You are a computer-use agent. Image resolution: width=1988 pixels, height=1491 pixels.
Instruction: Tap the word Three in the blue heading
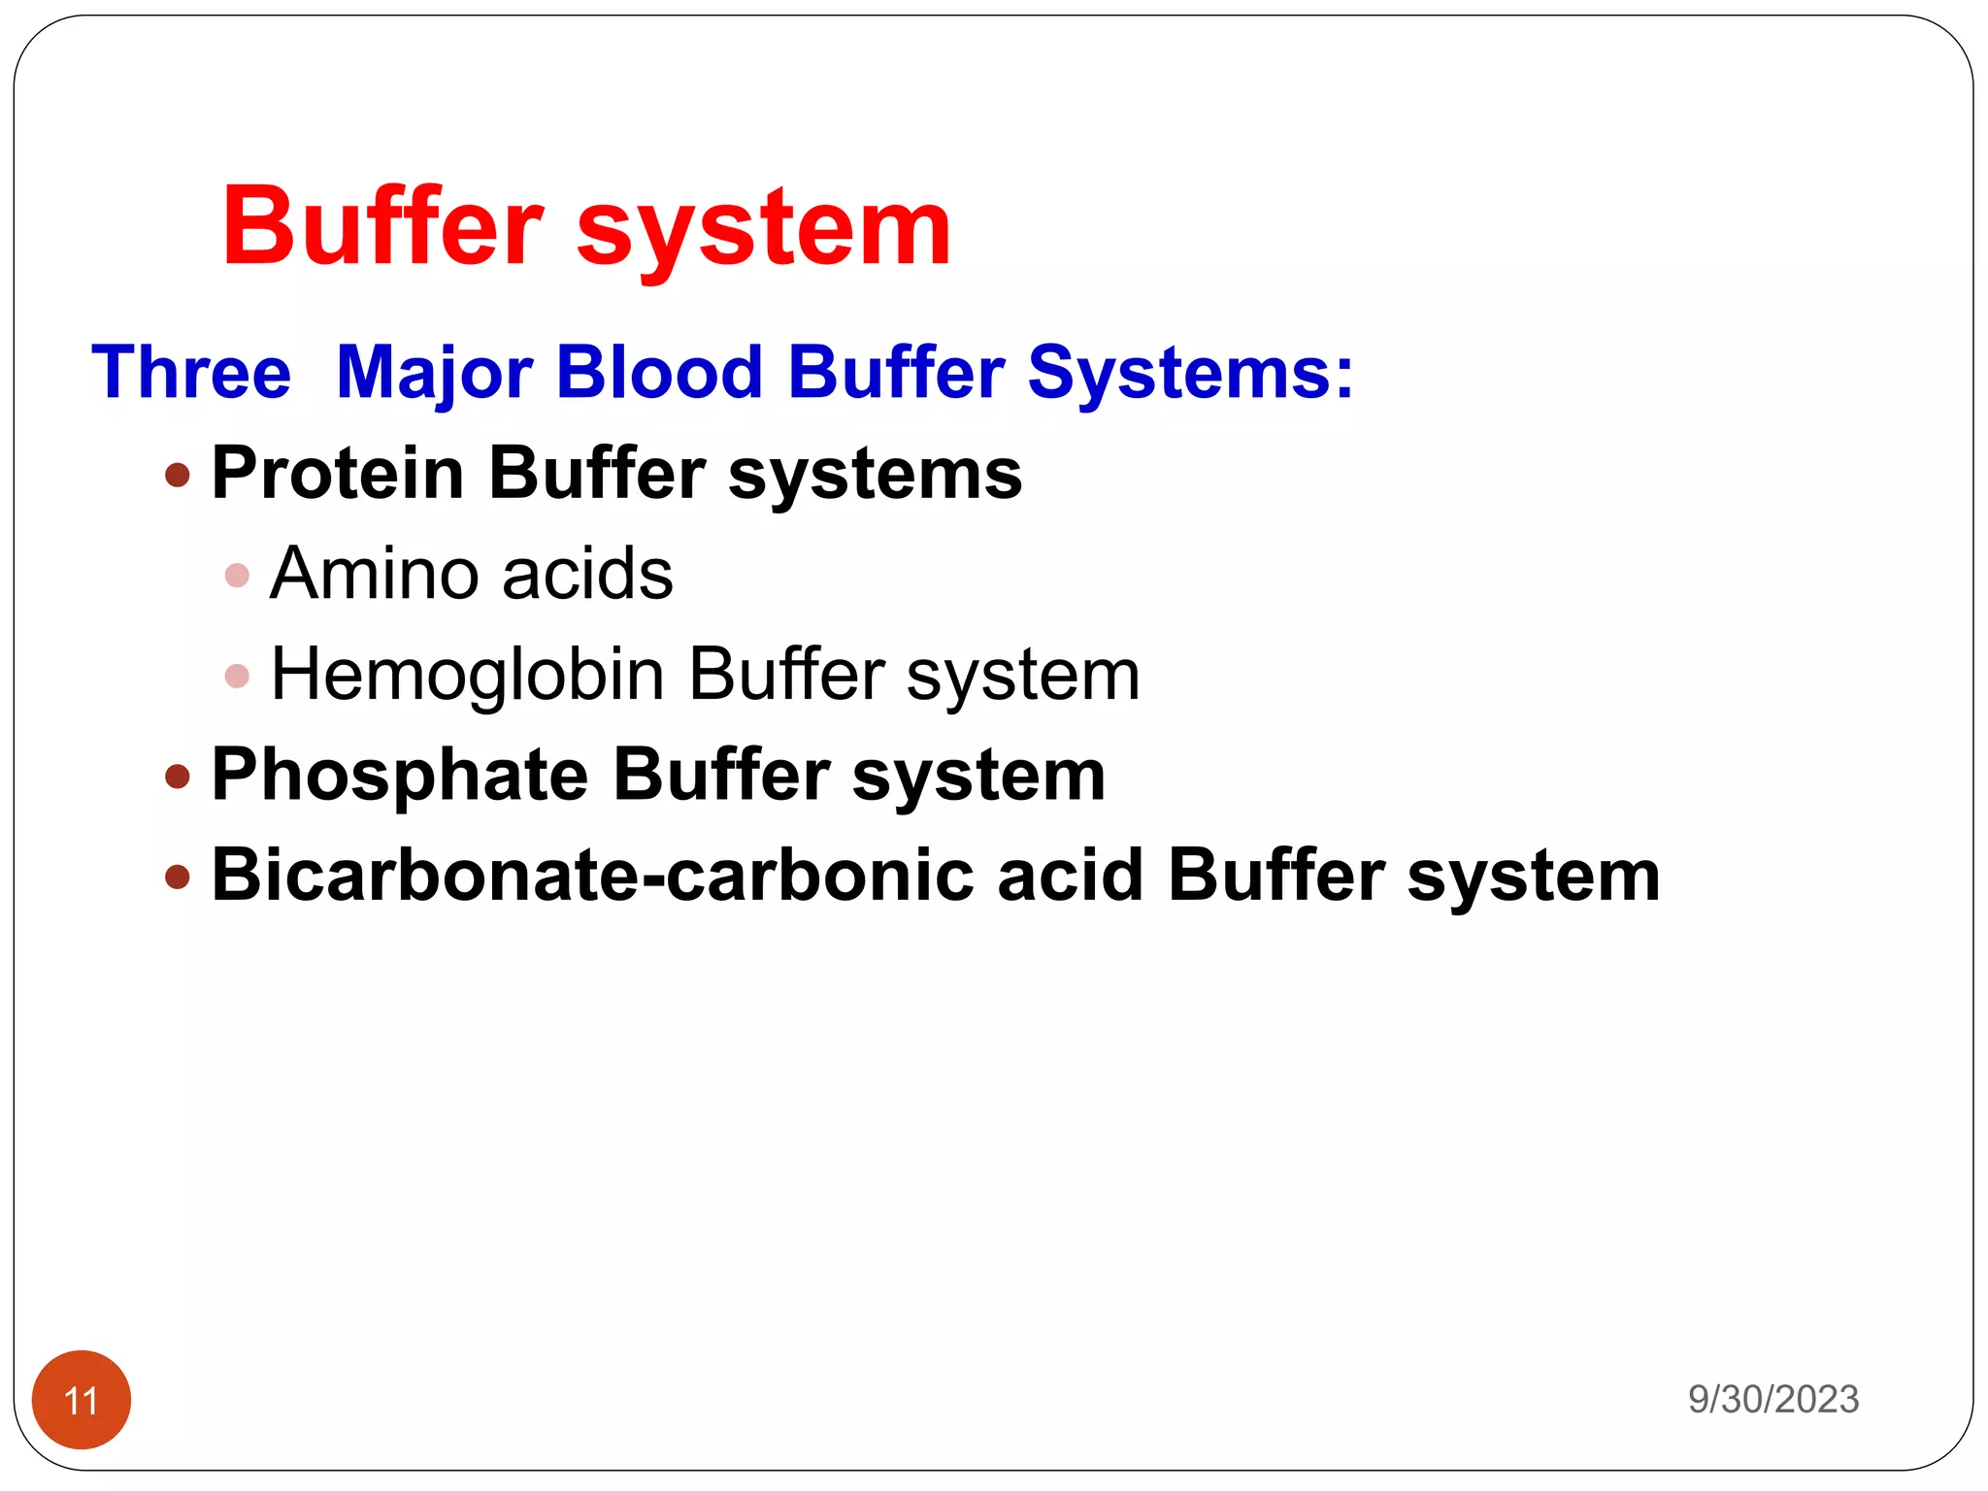coord(191,372)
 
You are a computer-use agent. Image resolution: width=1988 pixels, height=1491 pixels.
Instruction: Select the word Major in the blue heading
coord(434,374)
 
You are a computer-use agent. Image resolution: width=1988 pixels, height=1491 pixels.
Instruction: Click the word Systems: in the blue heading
coord(1190,374)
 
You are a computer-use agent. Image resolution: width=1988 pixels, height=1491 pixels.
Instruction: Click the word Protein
coord(338,474)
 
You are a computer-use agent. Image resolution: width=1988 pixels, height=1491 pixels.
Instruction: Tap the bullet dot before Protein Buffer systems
coord(178,475)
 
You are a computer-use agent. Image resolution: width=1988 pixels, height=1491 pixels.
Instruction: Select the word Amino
coord(374,574)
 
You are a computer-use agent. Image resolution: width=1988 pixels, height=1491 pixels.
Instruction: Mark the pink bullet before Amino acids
coord(237,576)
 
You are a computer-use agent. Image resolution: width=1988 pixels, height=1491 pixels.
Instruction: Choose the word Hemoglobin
coord(467,675)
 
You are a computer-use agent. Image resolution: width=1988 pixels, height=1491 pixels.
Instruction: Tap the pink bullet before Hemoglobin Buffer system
coord(237,676)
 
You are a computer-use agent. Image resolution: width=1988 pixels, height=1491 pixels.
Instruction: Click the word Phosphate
coord(400,777)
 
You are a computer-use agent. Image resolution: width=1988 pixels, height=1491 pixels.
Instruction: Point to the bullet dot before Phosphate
coord(178,777)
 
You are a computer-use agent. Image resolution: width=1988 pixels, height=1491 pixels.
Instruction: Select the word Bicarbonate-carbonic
coord(592,876)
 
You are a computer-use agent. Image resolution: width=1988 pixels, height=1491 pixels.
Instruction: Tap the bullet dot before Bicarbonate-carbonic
coord(178,878)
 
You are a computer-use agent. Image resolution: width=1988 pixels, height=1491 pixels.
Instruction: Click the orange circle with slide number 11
coord(82,1399)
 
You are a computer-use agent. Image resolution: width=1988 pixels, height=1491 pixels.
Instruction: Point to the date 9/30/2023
coord(1773,1399)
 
